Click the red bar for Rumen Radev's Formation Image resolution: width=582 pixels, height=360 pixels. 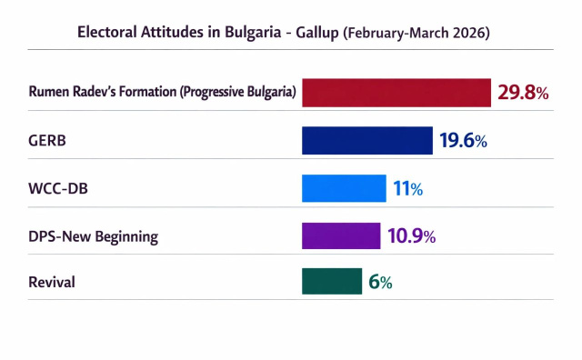[396, 93]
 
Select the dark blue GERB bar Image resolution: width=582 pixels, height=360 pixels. [367, 141]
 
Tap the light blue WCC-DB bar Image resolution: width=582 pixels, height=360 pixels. [344, 188]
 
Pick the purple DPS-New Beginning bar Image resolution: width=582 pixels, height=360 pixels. [341, 235]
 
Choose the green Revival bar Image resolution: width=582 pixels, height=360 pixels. [332, 281]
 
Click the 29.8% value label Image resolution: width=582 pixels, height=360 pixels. [523, 93]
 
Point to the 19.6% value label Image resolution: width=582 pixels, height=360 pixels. [463, 141]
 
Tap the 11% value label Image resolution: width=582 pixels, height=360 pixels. [408, 188]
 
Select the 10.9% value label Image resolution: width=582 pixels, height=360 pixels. [412, 236]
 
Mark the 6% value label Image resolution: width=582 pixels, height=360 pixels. [380, 282]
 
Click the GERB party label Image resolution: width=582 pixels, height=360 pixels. [47, 141]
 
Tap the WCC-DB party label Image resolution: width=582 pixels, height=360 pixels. [58, 188]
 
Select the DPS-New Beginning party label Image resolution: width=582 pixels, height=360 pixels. [93, 236]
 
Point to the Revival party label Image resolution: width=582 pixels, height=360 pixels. [52, 282]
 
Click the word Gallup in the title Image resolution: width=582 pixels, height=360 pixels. [317, 33]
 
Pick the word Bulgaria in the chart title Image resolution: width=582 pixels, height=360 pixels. [253, 32]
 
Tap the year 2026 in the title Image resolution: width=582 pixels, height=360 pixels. [467, 33]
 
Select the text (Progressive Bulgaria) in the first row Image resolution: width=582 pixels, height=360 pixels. [238, 92]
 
